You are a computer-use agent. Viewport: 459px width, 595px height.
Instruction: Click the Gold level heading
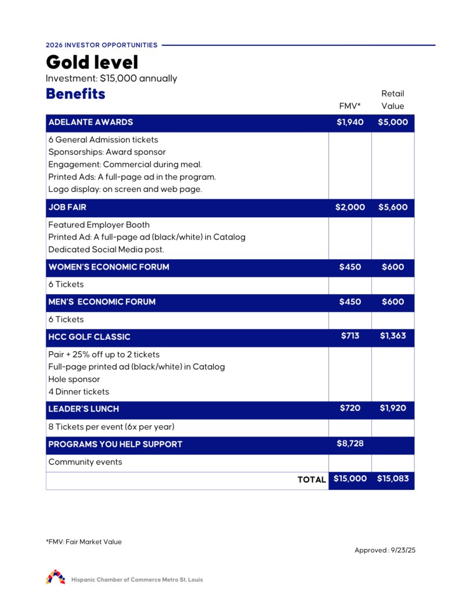(92, 62)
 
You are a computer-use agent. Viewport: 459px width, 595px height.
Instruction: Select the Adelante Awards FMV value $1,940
(350, 123)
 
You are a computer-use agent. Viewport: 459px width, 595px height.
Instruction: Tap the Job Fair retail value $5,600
(393, 207)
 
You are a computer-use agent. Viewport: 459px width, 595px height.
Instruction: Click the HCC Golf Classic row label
(89, 337)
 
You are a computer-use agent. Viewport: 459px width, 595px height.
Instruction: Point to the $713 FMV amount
(350, 335)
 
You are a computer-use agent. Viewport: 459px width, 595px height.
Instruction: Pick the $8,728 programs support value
(350, 443)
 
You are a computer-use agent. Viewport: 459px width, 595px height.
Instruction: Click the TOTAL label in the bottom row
(312, 480)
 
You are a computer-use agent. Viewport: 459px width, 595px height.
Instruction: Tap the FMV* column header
(350, 106)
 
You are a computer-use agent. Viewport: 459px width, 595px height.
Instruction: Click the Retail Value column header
(393, 100)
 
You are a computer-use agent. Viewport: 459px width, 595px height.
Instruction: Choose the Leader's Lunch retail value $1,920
(393, 408)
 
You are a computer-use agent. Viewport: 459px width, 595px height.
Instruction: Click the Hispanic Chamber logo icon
(56, 577)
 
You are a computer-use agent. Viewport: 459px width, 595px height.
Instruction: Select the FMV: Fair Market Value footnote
(84, 542)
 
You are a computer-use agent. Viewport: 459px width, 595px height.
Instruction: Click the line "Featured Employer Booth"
(99, 225)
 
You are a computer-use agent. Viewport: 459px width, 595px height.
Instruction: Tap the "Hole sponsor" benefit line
(74, 379)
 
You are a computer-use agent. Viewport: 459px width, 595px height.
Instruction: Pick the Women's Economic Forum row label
(109, 267)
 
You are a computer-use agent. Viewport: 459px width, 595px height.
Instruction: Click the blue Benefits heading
(75, 94)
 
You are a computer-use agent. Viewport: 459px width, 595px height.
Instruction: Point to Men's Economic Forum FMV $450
(350, 302)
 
